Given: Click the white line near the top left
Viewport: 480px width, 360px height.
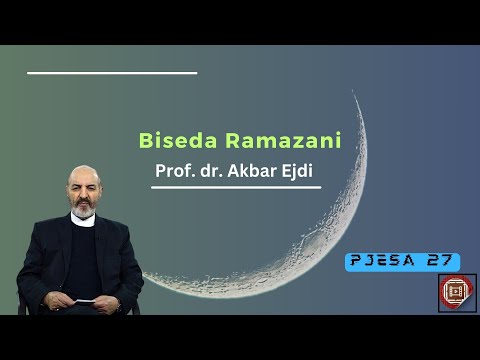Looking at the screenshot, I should click(112, 73).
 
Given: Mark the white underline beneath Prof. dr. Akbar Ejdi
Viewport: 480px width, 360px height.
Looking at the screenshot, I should click(236, 187).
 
